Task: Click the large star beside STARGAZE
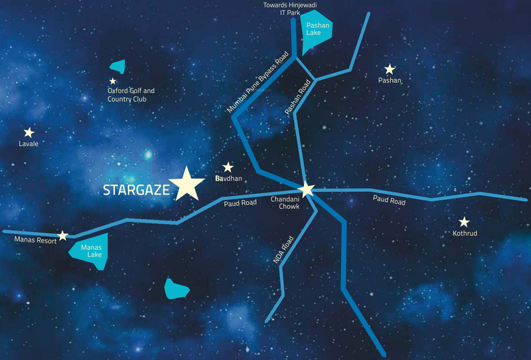coord(187,183)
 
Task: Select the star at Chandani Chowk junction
coord(305,189)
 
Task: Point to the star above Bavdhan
coord(228,167)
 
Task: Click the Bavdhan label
coord(229,180)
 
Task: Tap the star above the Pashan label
coord(390,69)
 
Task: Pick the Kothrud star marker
coord(464,223)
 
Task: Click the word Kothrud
coord(464,234)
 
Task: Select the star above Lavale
coord(29,133)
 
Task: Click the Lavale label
coord(29,144)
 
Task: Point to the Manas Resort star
coord(62,235)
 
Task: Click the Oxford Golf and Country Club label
coord(131,95)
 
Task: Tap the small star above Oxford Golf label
coord(113,81)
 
